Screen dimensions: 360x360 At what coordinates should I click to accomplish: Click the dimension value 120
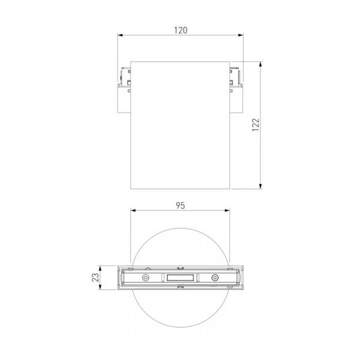tap(181, 31)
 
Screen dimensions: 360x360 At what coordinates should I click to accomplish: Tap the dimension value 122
tap(256, 125)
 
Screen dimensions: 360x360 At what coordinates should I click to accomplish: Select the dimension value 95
tap(181, 205)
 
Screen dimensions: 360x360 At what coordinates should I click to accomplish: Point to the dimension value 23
tap(95, 278)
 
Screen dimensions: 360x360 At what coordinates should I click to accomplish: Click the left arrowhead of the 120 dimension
tap(120, 35)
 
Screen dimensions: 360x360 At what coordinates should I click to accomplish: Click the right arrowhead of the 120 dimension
tap(241, 35)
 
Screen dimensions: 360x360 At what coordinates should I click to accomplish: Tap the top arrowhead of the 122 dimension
tap(260, 64)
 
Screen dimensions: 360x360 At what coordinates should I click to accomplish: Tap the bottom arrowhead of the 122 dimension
tap(260, 186)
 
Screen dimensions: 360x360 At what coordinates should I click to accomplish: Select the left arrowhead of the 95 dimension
tap(133, 211)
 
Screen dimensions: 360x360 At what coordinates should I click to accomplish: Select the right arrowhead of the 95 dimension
tap(227, 211)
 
